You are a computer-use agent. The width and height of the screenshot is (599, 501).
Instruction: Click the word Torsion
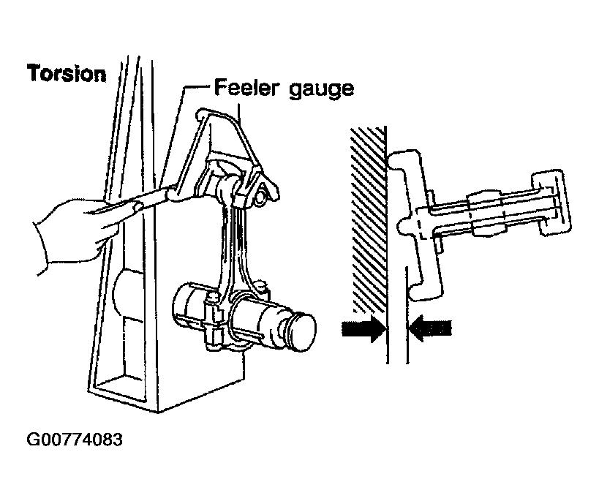[67, 73]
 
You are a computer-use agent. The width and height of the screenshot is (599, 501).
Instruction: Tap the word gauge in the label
[321, 90]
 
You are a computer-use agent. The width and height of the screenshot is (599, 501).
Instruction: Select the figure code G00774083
[75, 440]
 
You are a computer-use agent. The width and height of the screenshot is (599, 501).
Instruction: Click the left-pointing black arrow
[430, 328]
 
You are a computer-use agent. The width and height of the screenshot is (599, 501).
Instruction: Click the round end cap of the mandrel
[303, 328]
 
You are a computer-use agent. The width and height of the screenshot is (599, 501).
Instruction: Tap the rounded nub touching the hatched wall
[404, 226]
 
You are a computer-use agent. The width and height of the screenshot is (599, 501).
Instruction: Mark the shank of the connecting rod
[234, 244]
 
